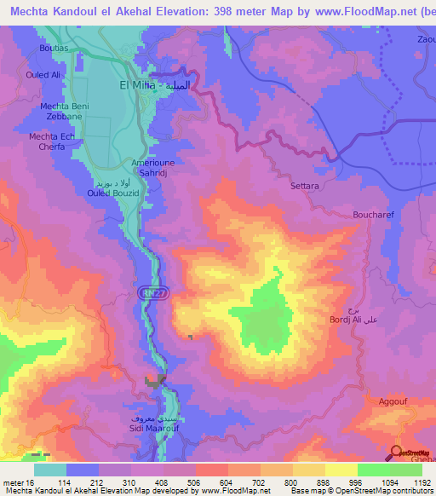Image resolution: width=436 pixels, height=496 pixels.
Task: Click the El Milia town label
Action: click(x=135, y=86)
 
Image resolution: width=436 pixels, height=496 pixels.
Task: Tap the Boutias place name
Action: click(x=54, y=49)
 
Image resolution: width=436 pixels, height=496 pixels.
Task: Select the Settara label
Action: click(x=304, y=185)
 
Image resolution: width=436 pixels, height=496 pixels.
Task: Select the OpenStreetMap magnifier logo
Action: click(x=397, y=453)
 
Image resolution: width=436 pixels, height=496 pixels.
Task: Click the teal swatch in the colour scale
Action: click(x=50, y=469)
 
